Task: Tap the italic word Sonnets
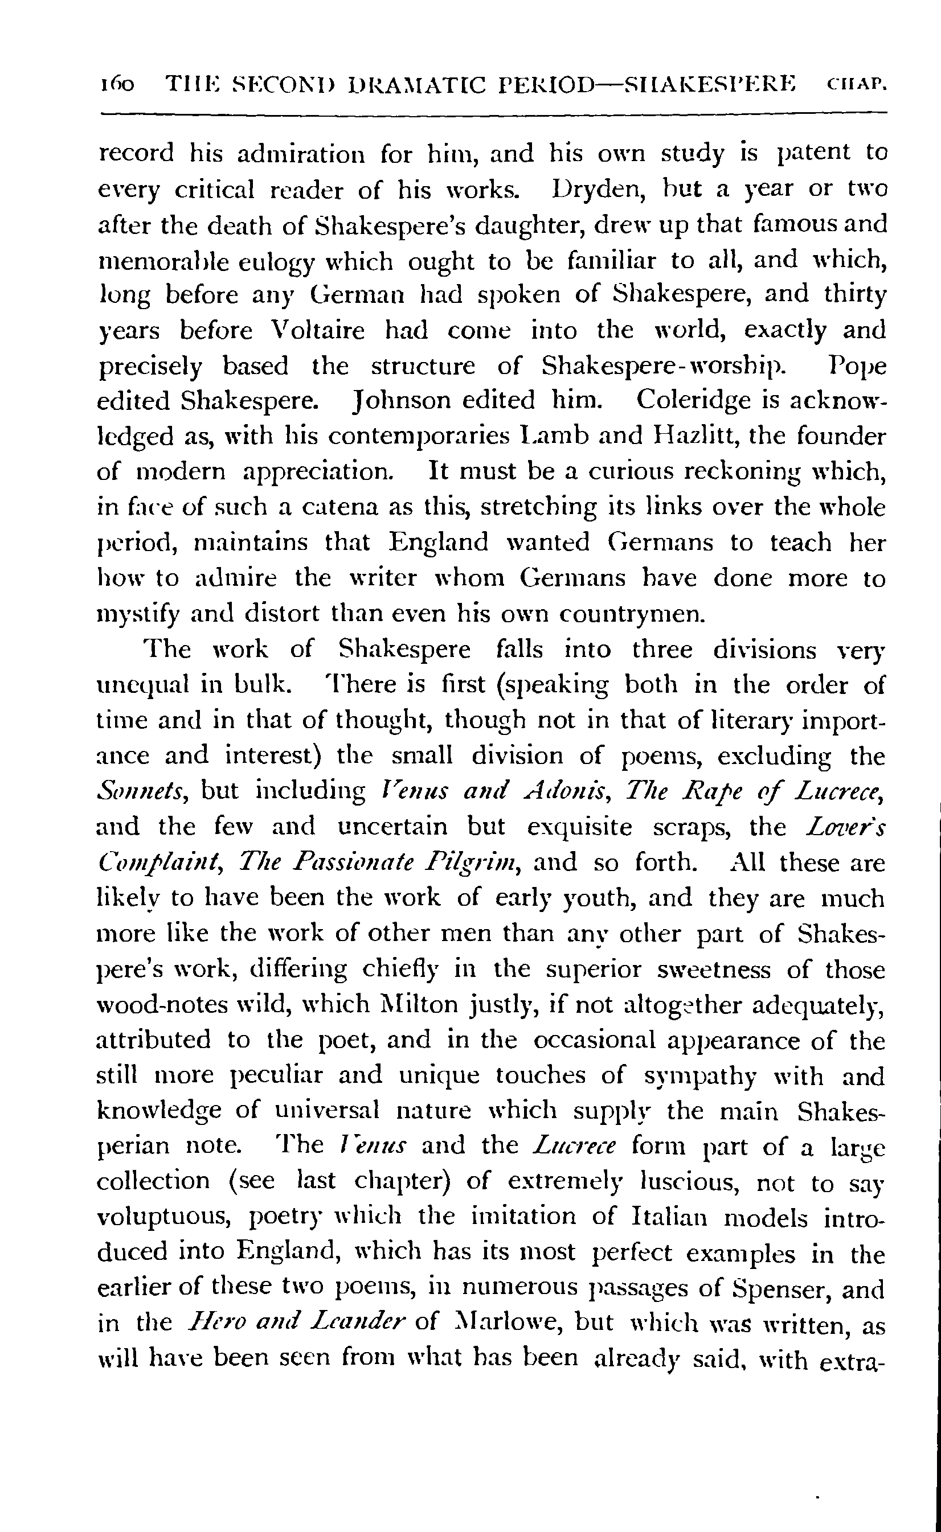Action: click(140, 791)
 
